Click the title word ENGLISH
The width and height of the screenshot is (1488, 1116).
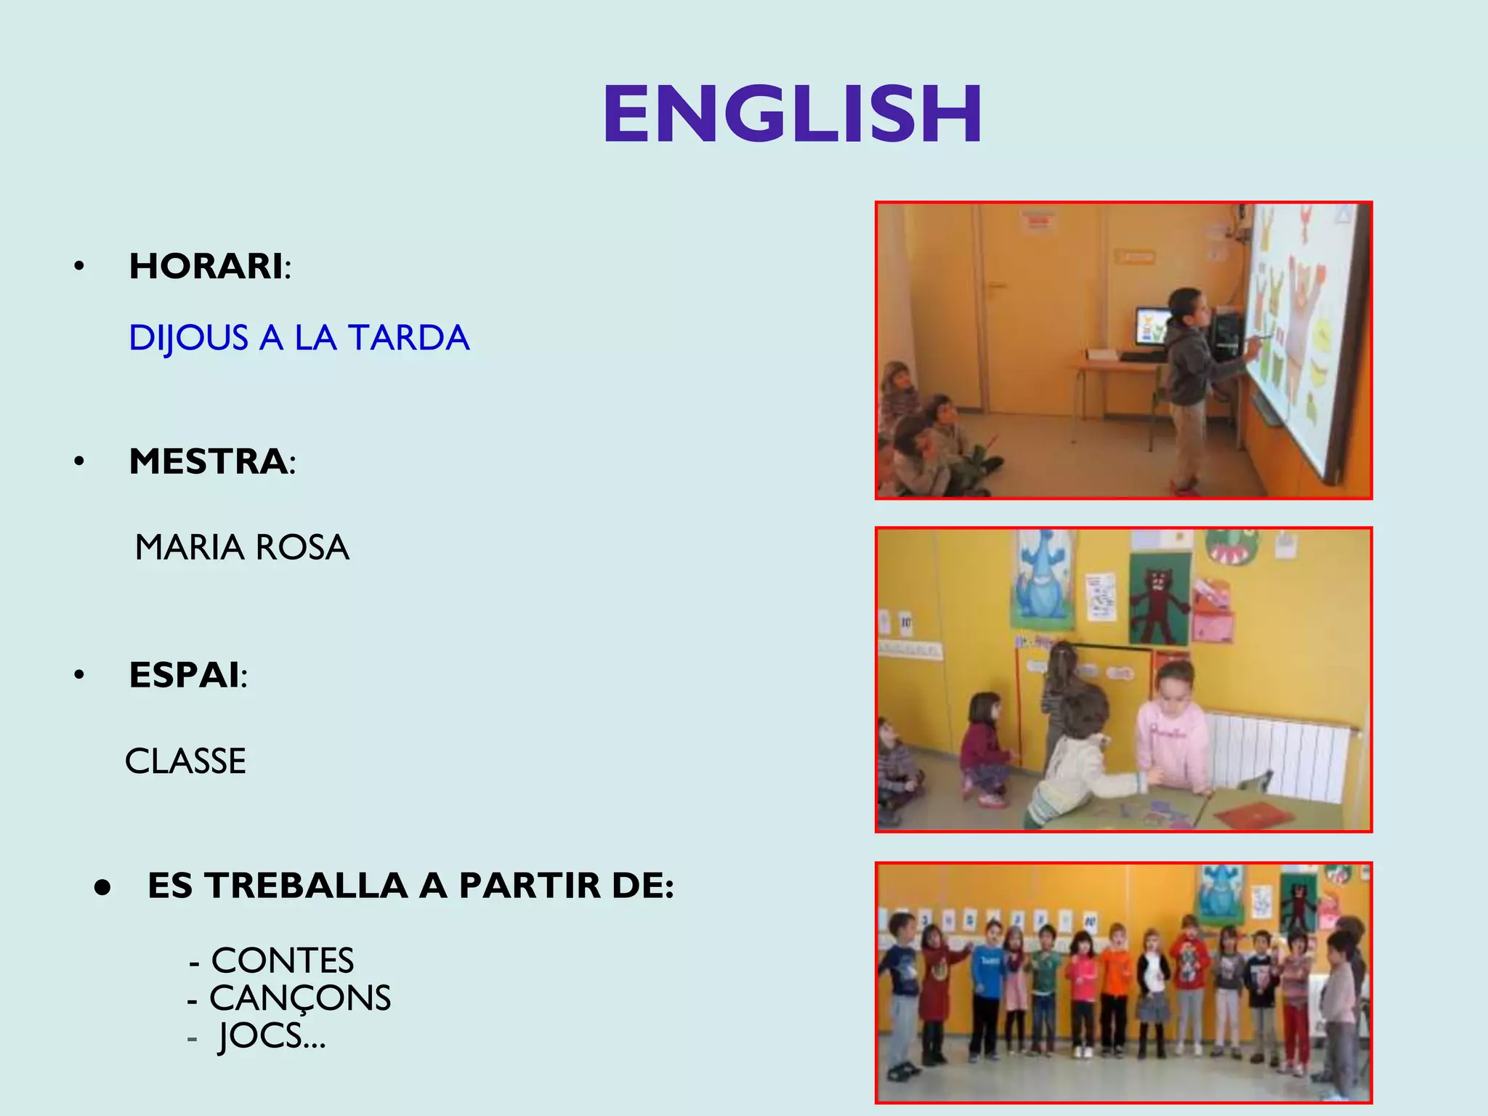[x=792, y=115]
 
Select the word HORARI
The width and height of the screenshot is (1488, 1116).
[x=206, y=266]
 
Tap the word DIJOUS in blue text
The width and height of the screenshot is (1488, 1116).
[x=188, y=338]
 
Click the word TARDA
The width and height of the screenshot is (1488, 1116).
[x=408, y=338]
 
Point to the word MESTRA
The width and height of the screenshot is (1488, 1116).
[x=209, y=461]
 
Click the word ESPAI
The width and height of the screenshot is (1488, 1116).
[x=185, y=675]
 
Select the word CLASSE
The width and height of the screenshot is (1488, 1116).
[x=186, y=761]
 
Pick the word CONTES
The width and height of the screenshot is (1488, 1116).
[x=283, y=961]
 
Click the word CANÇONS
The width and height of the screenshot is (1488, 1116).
[x=300, y=998]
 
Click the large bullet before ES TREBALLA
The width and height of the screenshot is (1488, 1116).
[x=102, y=887]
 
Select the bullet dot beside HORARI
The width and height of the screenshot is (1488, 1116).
[x=79, y=267]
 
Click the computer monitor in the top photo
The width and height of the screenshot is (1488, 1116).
[x=1152, y=326]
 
